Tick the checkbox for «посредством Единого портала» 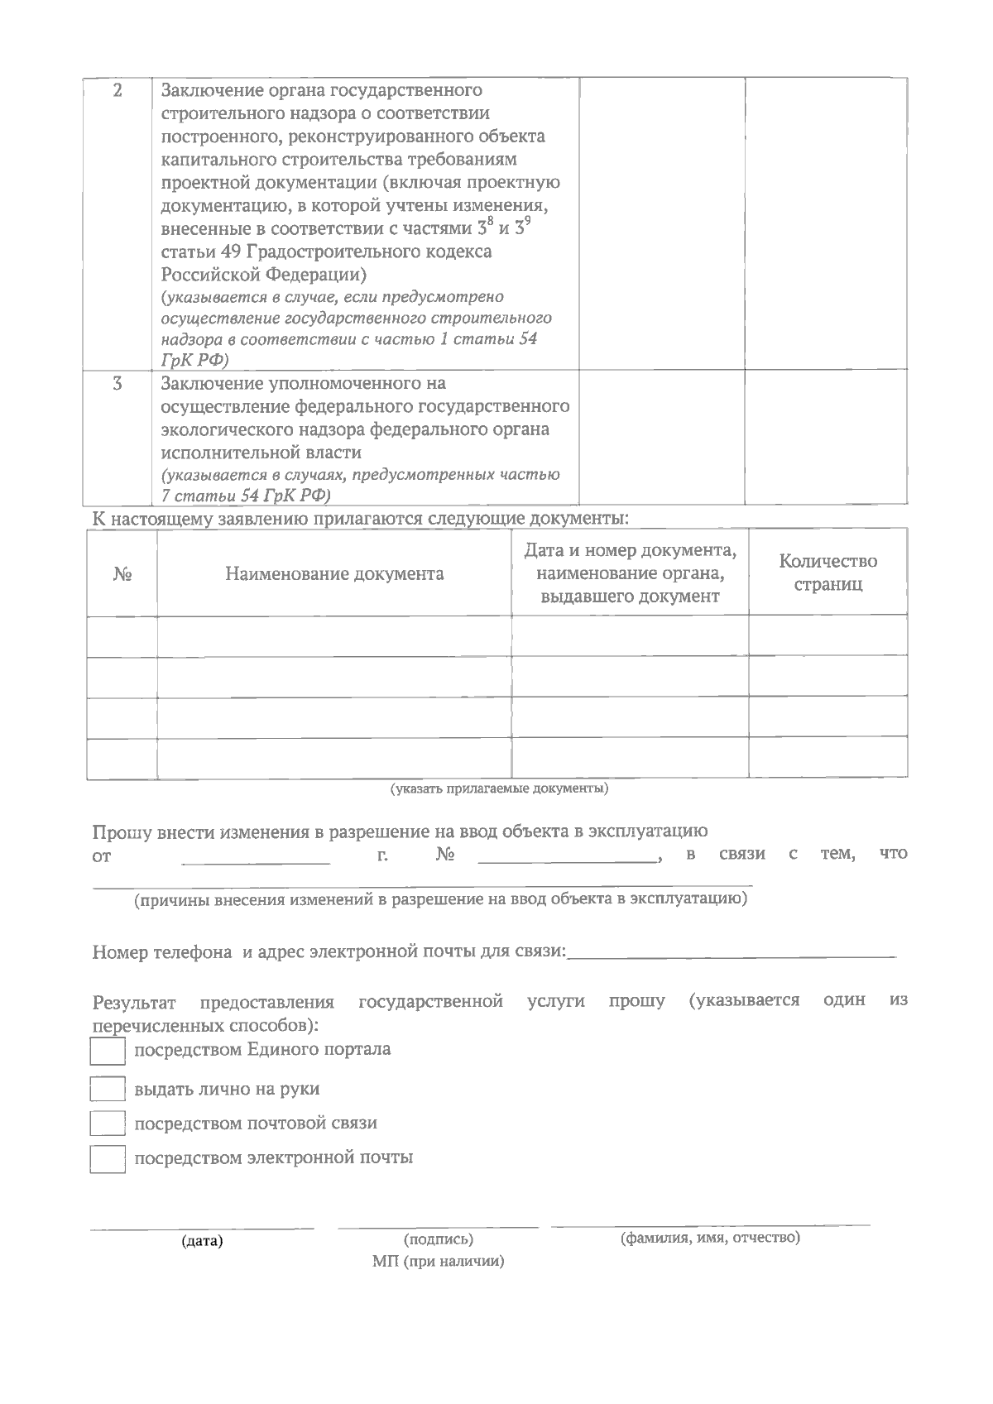(x=107, y=1052)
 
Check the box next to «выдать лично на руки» (x=107, y=1089)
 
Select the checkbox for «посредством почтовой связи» (x=107, y=1124)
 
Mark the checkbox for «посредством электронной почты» (x=107, y=1158)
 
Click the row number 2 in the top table (x=118, y=90)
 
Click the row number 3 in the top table (x=118, y=384)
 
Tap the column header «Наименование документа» (x=334, y=574)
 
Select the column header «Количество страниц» (x=827, y=573)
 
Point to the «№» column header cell (x=122, y=574)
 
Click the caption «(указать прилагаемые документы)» (x=499, y=788)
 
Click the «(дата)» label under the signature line (x=203, y=1241)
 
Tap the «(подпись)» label (x=439, y=1239)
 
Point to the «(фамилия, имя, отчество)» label (x=710, y=1238)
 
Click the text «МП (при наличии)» (x=439, y=1262)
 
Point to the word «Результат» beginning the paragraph (x=134, y=1004)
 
